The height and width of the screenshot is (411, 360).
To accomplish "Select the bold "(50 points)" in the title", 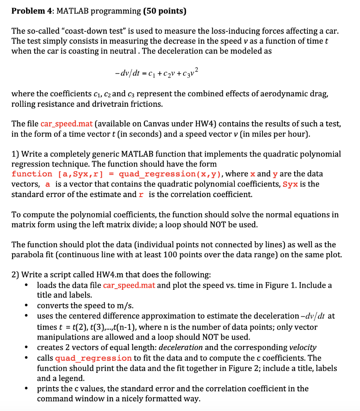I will [165, 11].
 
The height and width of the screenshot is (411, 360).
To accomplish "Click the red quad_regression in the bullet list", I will [93, 358].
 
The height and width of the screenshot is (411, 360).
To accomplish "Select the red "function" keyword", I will [32, 174].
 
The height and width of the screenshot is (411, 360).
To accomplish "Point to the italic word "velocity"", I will [303, 348].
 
